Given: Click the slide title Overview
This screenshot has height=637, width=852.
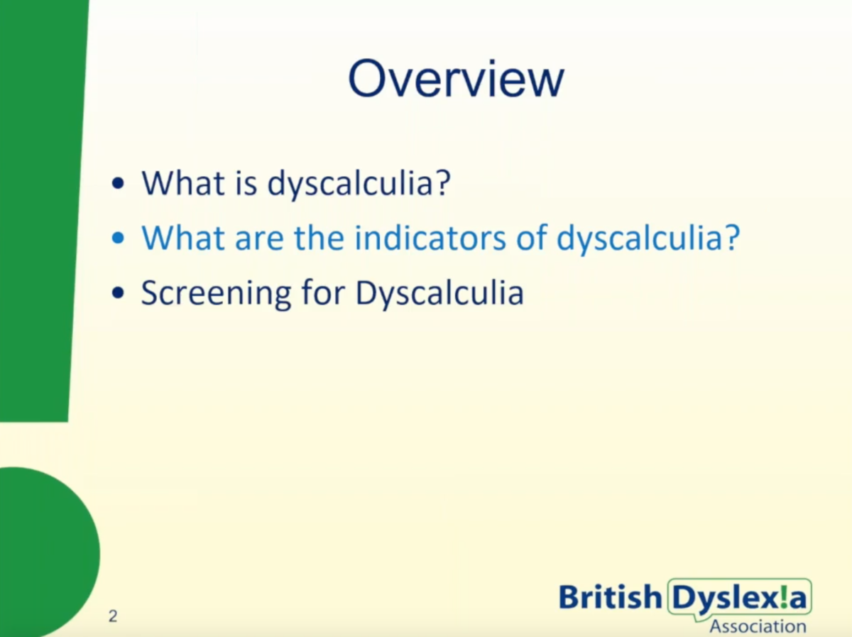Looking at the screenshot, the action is coord(456,79).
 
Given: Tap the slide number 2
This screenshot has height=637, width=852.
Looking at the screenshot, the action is coord(113,616).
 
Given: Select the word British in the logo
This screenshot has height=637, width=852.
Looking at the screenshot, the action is coord(610,597).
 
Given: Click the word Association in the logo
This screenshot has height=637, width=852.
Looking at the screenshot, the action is coord(758,626).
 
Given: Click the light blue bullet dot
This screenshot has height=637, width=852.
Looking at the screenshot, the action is coord(118,238).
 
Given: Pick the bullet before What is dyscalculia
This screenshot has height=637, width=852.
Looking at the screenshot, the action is coord(118,183).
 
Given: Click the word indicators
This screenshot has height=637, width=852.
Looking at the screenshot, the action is coord(430,237).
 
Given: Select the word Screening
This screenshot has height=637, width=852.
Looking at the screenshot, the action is coord(216,293).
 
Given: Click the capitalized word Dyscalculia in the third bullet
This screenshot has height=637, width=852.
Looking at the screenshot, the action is coord(439,293).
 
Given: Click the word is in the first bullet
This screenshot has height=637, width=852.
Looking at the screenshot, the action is coord(246,183).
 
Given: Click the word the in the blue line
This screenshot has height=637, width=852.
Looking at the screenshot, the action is coord(319,237).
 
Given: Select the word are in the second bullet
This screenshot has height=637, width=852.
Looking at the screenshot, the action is coord(259,241).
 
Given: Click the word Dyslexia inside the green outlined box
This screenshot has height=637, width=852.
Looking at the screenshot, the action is coord(740,598).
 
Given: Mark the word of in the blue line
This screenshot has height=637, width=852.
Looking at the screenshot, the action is coord(531,237).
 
